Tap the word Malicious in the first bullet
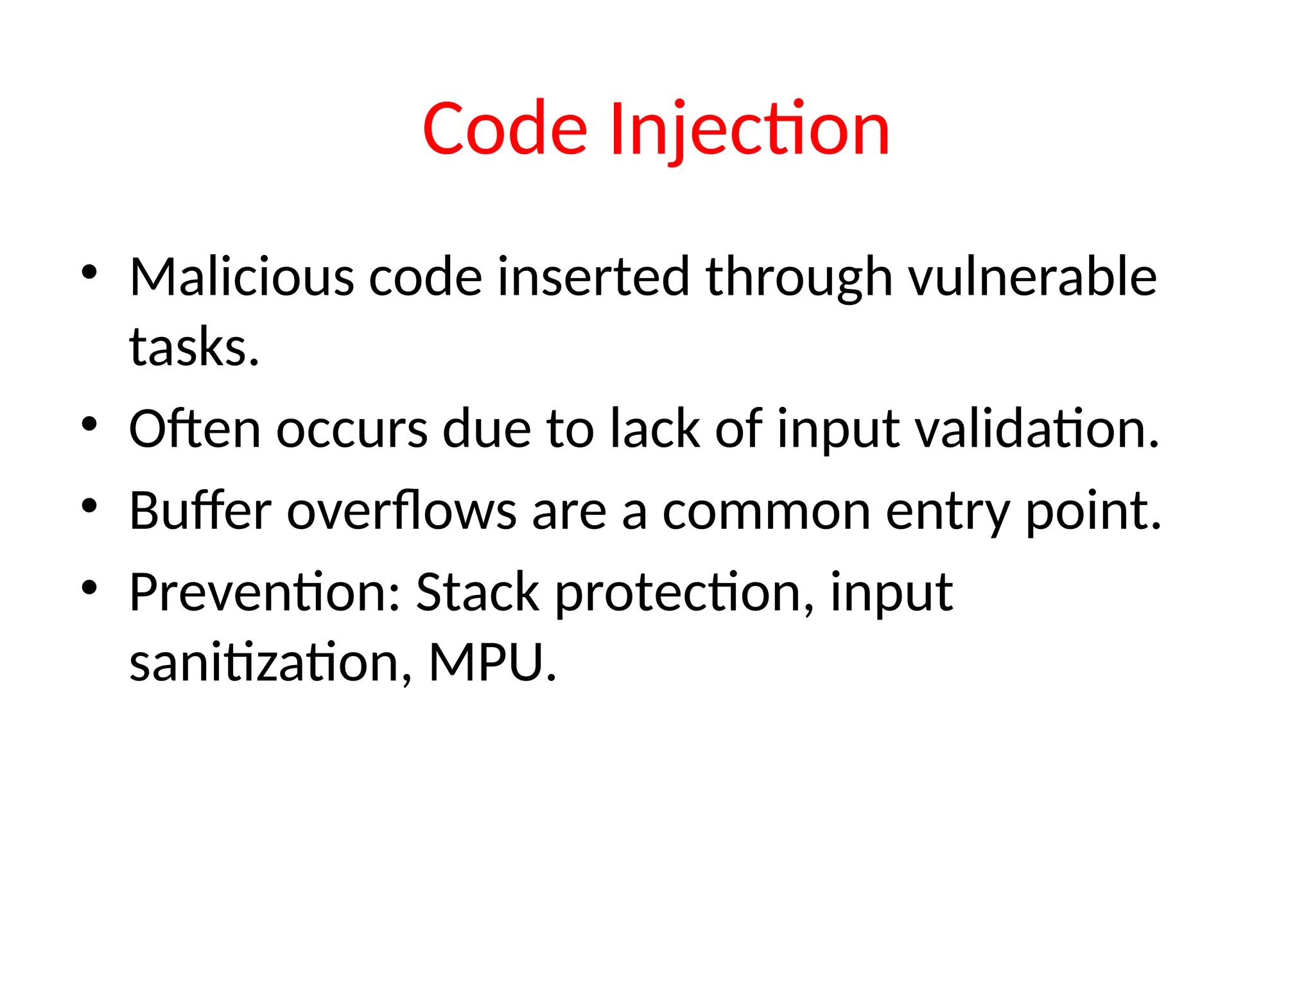(241, 277)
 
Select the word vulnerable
(1032, 277)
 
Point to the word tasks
(193, 348)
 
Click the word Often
(195, 429)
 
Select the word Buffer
(200, 511)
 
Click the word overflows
(401, 511)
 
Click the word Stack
(477, 592)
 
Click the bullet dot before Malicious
(89, 272)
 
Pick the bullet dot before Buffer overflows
(89, 506)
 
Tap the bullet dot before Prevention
(89, 587)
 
